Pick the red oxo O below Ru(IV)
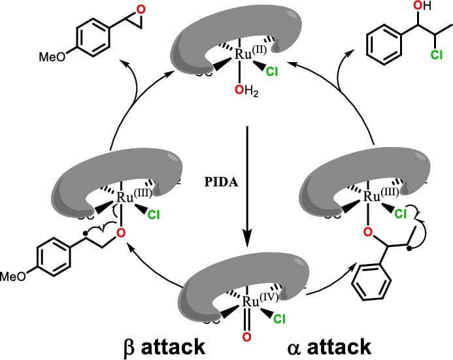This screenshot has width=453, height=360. pos(246,337)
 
